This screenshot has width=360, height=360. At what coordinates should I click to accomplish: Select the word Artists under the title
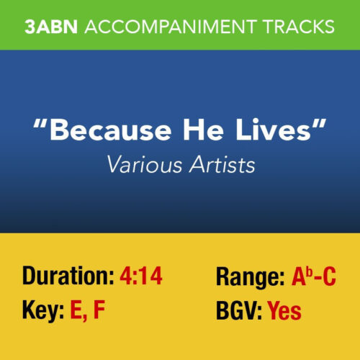tap(219, 166)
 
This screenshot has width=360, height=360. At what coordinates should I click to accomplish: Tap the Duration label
tap(66, 276)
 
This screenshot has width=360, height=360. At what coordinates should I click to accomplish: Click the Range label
tap(249, 276)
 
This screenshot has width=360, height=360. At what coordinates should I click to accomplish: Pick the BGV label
tap(238, 311)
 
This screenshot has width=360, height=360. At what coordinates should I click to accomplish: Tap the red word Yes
tap(284, 311)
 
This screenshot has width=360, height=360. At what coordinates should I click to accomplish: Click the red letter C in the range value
tap(330, 276)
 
